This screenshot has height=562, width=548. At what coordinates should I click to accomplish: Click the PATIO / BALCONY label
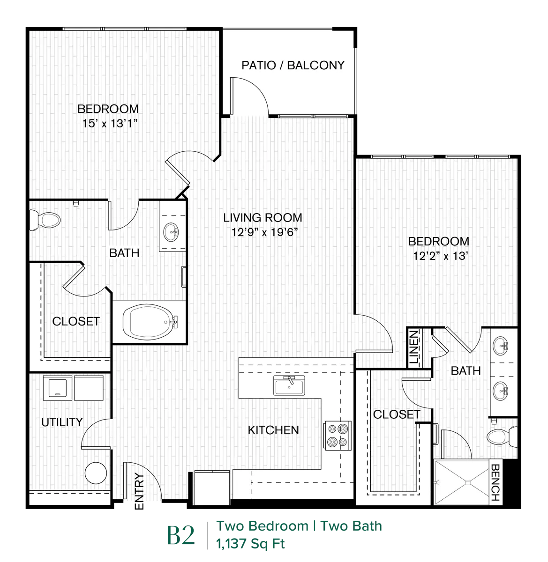pos(293,65)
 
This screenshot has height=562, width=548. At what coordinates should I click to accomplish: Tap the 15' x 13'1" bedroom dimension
pos(110,124)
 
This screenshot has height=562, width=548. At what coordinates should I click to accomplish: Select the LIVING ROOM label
pos(263,218)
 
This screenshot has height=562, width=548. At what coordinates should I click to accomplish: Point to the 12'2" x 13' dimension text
pos(440,256)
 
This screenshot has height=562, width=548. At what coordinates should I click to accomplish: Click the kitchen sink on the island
pos(289,385)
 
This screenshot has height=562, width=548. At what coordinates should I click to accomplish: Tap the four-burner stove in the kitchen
pos(338,436)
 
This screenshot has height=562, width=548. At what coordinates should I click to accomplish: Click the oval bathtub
pos(150,322)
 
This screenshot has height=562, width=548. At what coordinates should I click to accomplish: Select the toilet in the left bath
pos(45,220)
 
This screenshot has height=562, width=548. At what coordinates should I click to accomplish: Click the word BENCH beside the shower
pos(495,482)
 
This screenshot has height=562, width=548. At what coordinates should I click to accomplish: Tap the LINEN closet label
pos(414,347)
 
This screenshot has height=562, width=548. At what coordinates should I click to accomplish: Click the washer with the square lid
pos(58,388)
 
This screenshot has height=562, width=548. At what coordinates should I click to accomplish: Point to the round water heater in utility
pos(96,473)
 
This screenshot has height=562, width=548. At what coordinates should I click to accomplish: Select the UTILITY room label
pos(62,422)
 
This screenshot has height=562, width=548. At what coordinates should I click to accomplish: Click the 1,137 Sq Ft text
pos(250,544)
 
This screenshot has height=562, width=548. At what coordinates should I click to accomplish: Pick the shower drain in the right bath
pos(468,482)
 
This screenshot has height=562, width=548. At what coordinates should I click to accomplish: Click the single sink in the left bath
pos(171,232)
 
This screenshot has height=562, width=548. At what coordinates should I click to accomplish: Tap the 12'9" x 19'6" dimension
pos(264,232)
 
